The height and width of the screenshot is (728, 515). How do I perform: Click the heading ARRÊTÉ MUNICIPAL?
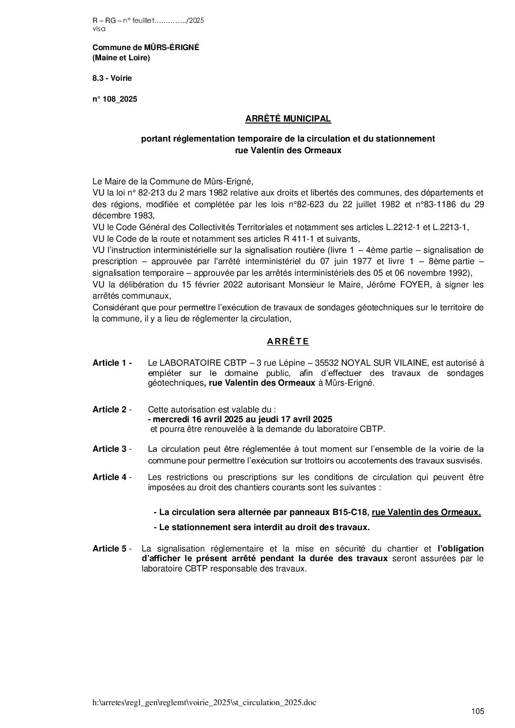click(x=288, y=118)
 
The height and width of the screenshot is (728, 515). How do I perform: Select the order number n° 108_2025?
click(x=114, y=99)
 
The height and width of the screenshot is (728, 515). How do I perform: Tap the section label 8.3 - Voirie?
click(x=112, y=78)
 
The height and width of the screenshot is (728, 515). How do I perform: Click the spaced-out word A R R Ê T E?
click(x=288, y=341)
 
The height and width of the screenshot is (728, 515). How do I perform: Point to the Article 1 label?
click(x=112, y=363)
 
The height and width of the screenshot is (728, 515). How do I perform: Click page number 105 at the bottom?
click(x=478, y=712)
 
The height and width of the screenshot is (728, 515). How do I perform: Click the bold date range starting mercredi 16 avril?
click(x=242, y=419)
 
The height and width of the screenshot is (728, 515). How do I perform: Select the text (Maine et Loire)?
click(x=121, y=58)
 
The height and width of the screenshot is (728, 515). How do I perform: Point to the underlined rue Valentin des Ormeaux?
click(x=426, y=512)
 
